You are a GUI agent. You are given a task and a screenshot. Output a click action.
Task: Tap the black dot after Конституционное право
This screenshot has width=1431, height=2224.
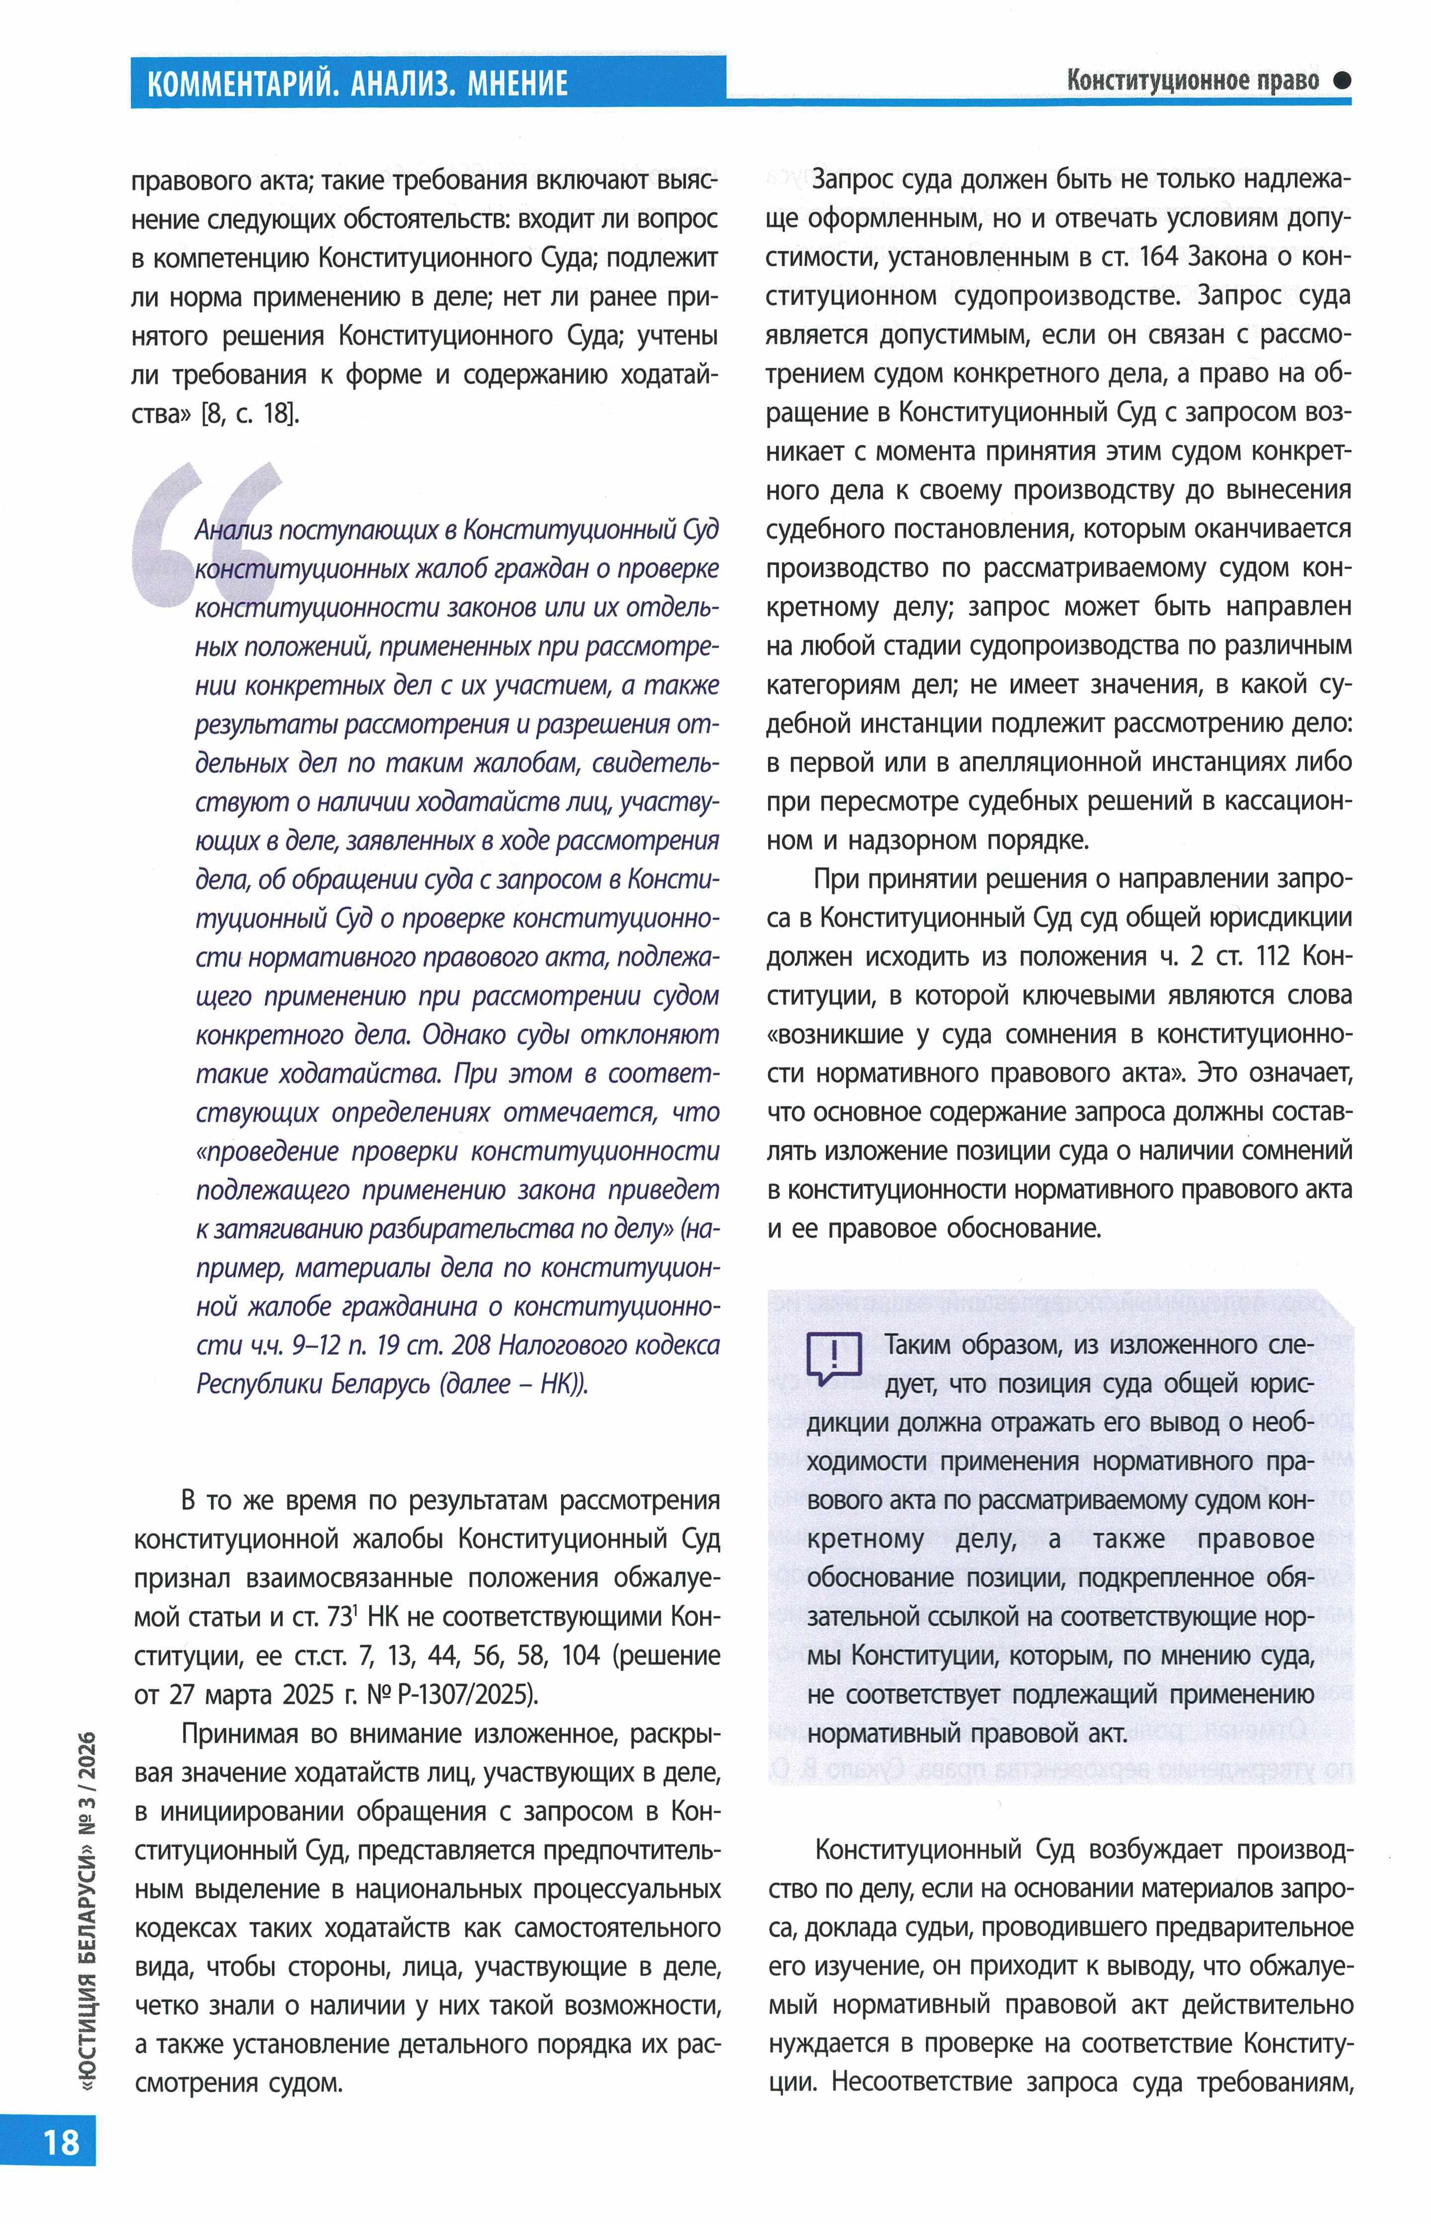point(1341,81)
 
